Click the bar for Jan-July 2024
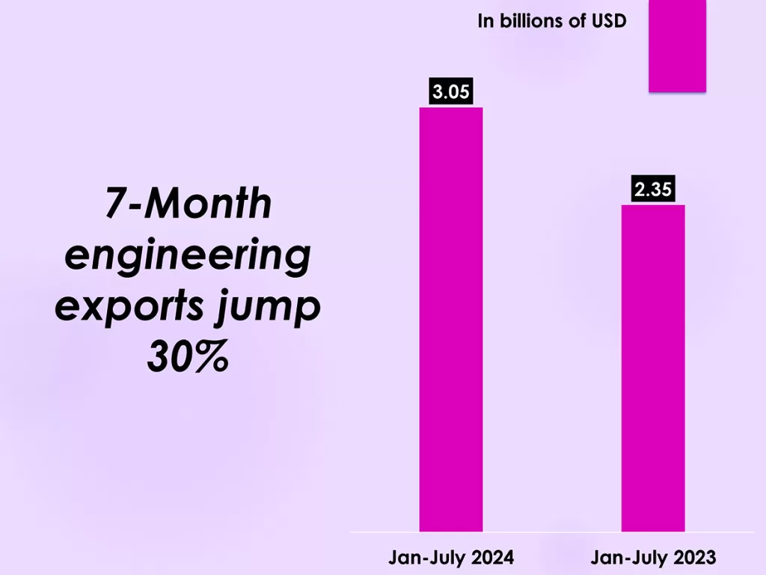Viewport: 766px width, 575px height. point(450,319)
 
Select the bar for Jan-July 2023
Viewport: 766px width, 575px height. point(653,368)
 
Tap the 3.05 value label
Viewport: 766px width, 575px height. point(451,92)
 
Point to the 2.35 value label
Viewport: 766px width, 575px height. point(653,189)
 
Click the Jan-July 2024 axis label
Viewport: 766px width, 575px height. point(450,558)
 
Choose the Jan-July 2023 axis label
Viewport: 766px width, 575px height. point(653,558)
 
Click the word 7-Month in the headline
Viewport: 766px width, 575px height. point(188,204)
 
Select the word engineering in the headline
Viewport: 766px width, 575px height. point(188,255)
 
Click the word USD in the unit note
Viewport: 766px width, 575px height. point(607,21)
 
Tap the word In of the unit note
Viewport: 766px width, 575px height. point(485,21)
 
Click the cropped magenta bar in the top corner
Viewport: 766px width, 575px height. point(677,45)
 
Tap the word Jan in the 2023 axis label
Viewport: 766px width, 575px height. point(606,558)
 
